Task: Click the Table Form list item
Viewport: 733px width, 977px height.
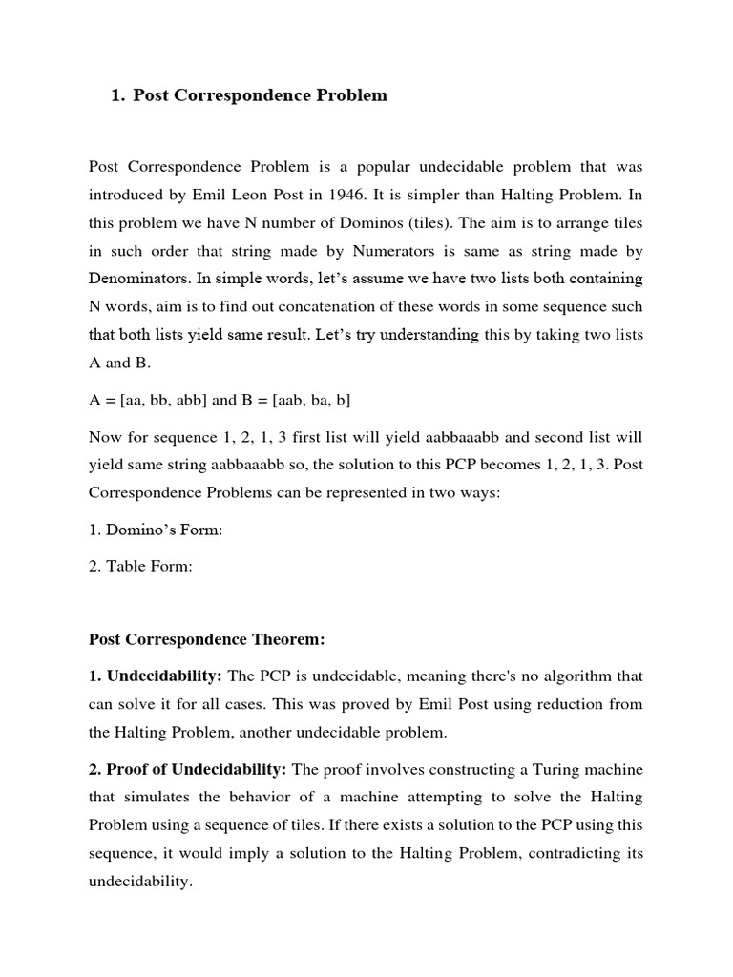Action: pyautogui.click(x=140, y=567)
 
